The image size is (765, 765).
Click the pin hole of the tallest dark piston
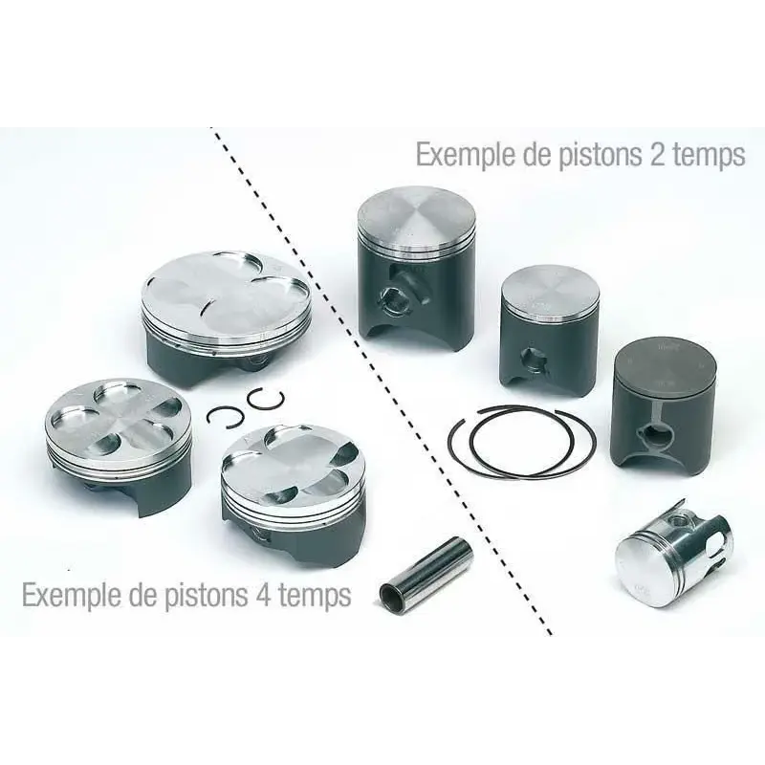tap(394, 297)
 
